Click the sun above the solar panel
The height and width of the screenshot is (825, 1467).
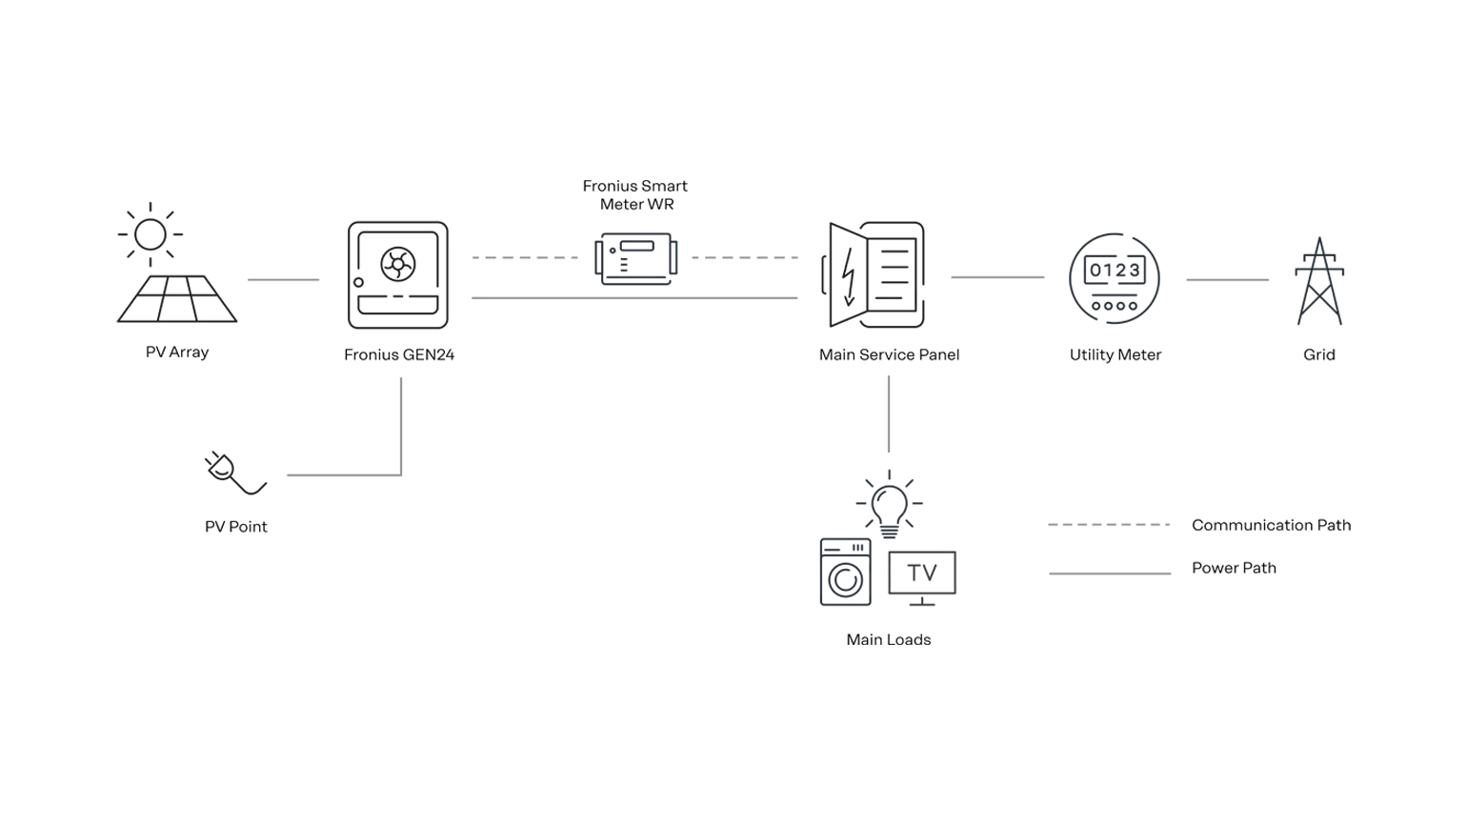(x=150, y=230)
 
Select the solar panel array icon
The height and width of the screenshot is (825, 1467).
(x=179, y=301)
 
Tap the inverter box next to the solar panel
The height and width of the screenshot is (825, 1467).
(x=396, y=274)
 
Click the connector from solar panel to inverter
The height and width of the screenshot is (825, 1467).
(x=282, y=278)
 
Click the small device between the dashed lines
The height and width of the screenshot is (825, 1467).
(x=637, y=257)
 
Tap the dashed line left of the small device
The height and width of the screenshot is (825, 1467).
(x=521, y=259)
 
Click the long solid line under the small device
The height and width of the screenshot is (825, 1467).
(x=632, y=297)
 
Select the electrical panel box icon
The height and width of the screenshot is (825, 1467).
(x=875, y=277)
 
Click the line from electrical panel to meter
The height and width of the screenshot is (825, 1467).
(x=997, y=278)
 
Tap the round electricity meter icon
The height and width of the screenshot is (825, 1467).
(x=1115, y=277)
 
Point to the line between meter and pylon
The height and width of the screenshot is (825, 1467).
(x=1227, y=278)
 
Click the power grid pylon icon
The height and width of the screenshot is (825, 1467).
(x=1318, y=282)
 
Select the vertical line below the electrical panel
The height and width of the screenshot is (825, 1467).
(x=888, y=415)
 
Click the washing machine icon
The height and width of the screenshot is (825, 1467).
(x=845, y=572)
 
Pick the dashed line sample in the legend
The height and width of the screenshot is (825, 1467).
(x=1108, y=525)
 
